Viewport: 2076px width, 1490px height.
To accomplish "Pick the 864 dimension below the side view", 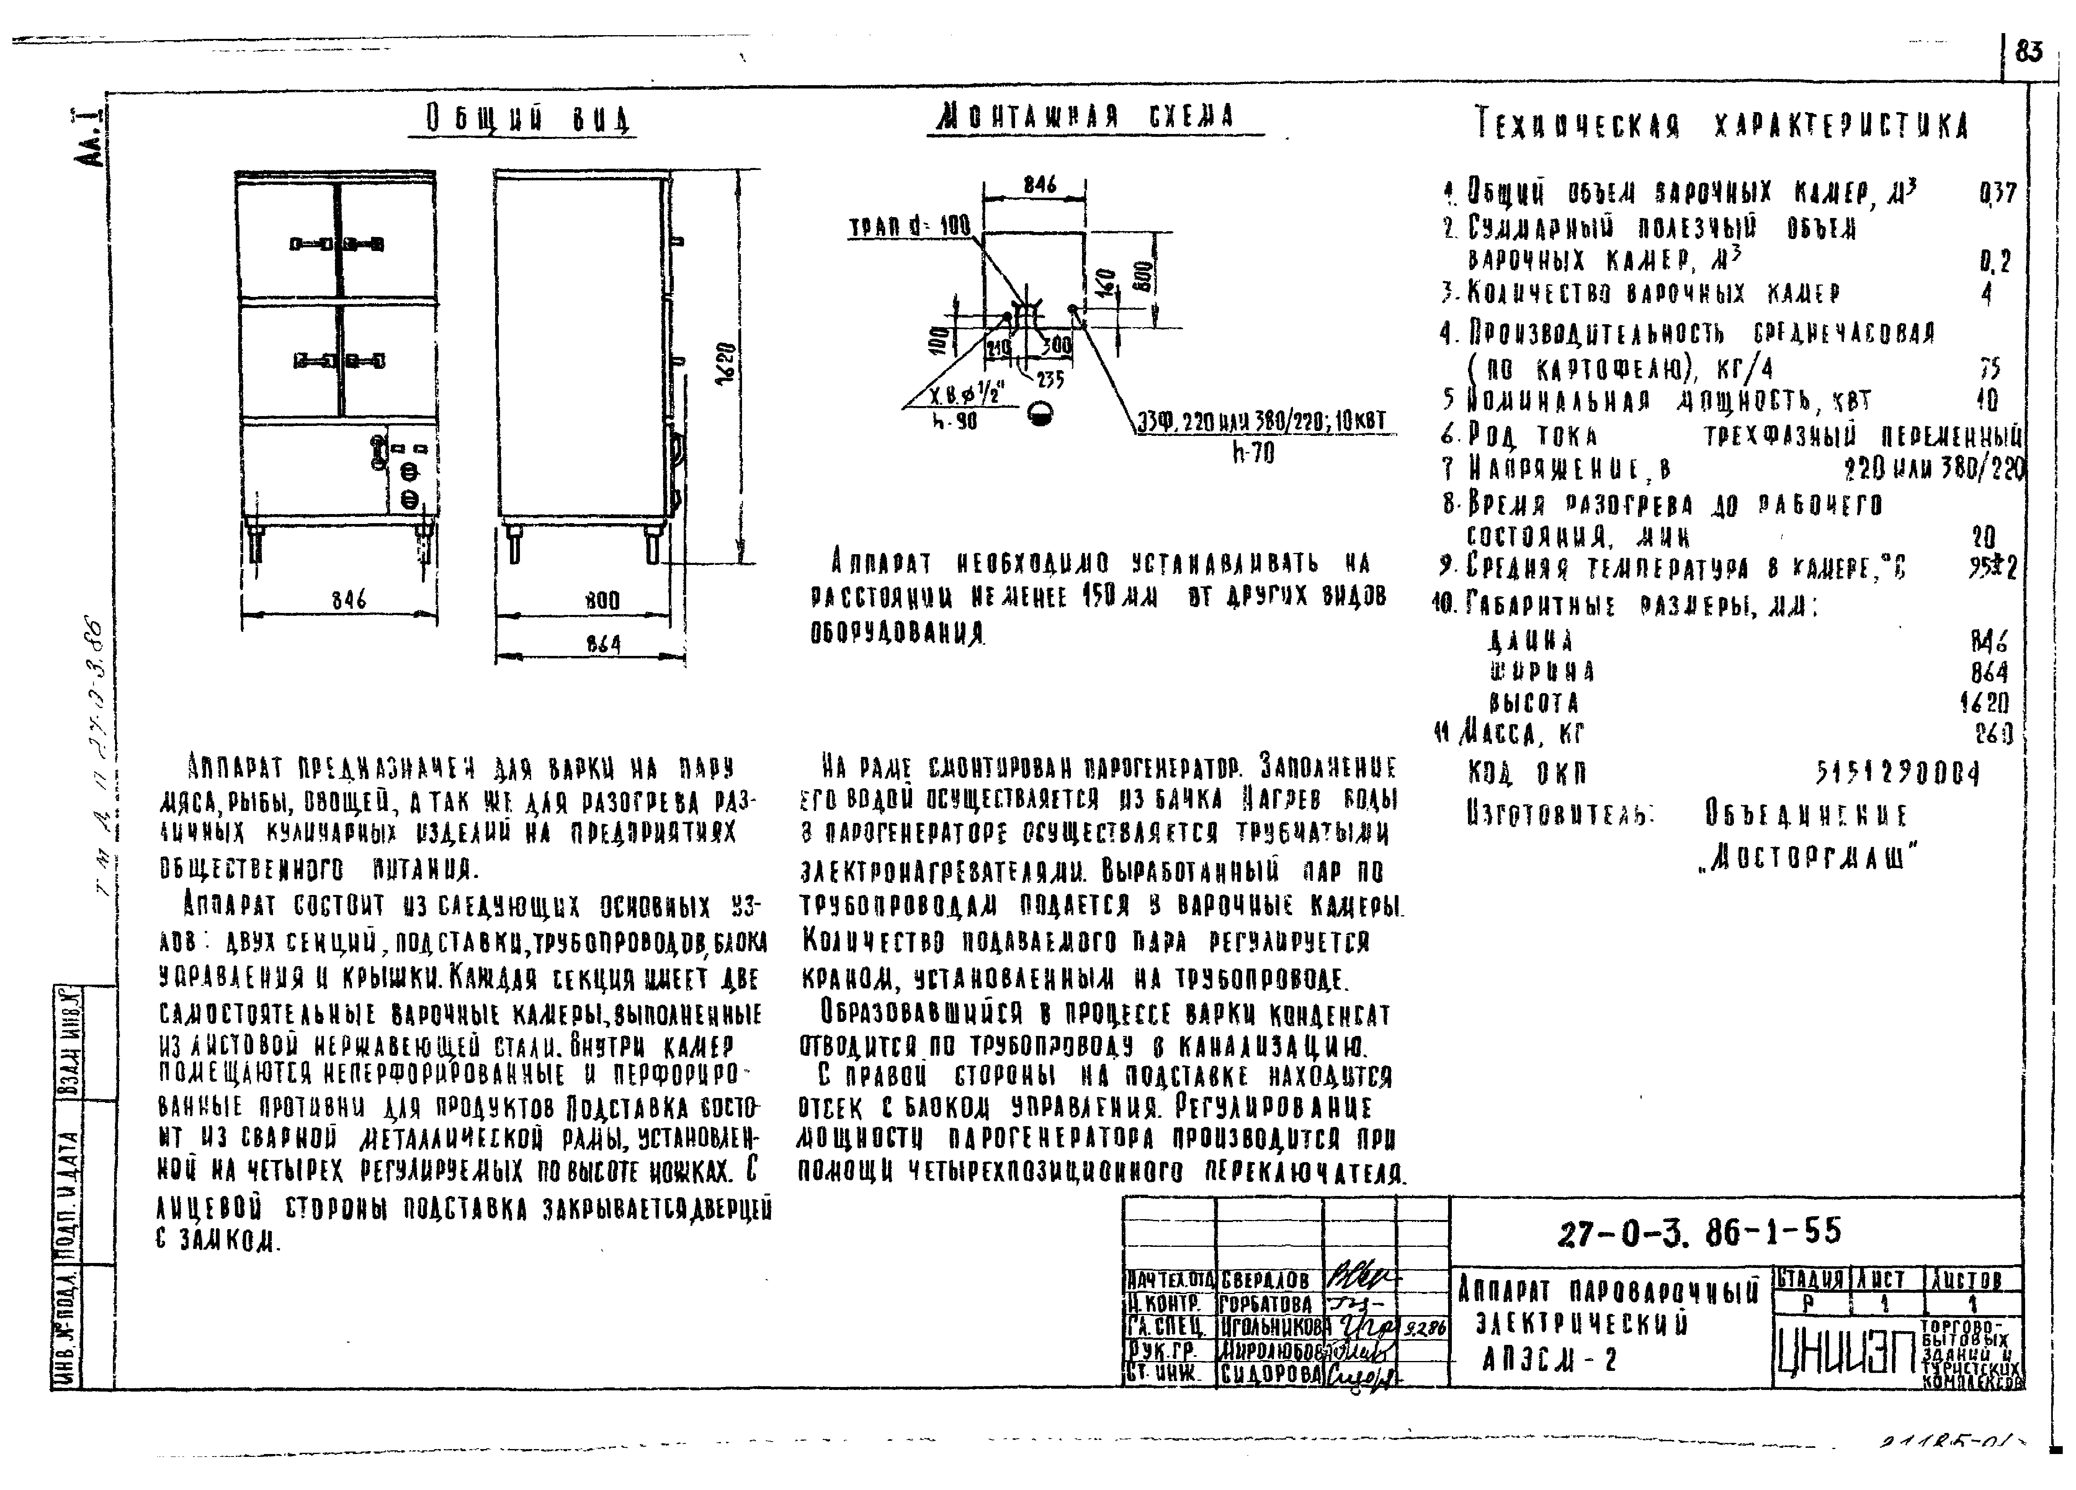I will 603,644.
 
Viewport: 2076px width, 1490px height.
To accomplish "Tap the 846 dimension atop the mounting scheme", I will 1040,185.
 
